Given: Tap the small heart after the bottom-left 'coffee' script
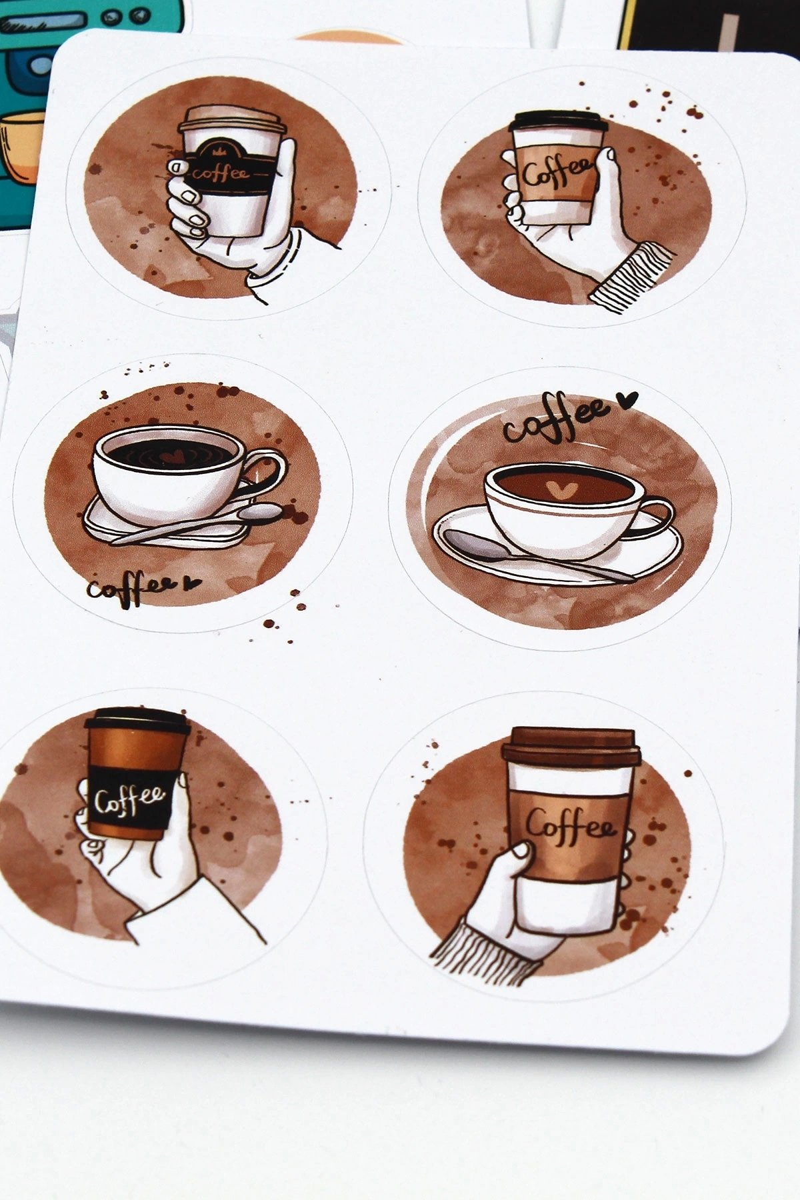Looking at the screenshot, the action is [x=192, y=583].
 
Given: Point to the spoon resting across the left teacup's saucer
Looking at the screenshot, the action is [x=200, y=523].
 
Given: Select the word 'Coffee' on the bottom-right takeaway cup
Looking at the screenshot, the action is [x=570, y=827].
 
